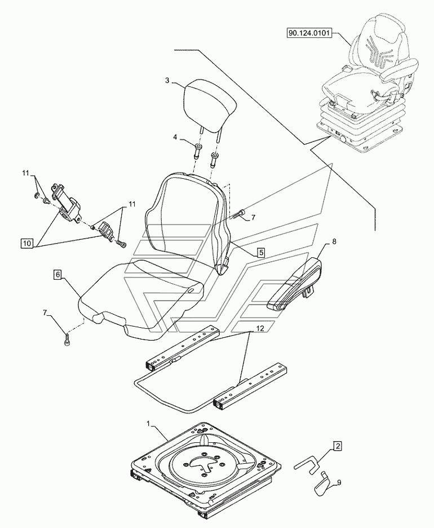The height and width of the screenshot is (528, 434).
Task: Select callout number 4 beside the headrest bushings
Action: coord(175,137)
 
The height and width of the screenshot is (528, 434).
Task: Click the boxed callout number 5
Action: coord(261,253)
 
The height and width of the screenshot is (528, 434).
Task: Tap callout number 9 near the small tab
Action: coord(339,482)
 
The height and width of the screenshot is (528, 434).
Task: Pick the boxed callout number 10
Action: coord(26,243)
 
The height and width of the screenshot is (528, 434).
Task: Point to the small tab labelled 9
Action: coord(323,484)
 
